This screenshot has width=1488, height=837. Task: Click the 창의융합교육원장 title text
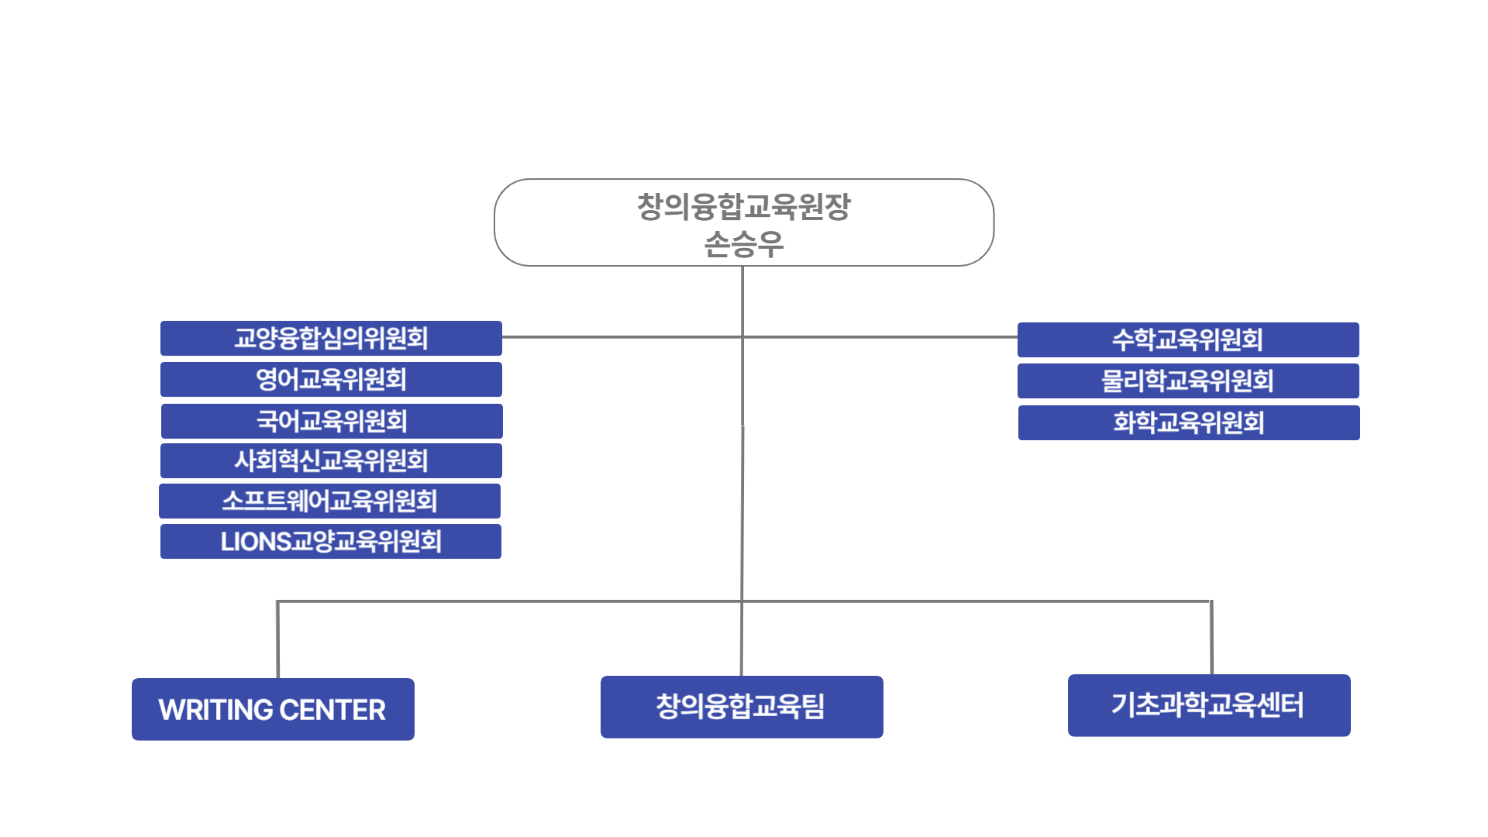coord(743,207)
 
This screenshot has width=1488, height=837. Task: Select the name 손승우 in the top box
coord(743,245)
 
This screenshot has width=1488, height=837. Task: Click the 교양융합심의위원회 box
coord(331,339)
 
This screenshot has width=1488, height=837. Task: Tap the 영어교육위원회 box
coord(331,380)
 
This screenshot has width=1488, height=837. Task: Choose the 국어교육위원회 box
coord(332,422)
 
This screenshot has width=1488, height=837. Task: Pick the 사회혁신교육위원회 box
coord(331,461)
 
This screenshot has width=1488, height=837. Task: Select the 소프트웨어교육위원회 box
coord(329,501)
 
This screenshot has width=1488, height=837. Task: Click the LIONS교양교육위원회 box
coord(331,542)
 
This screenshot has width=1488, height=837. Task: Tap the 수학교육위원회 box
coord(1188,340)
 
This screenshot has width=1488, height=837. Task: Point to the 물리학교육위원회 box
coord(1188,381)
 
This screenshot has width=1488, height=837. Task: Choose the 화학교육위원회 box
coord(1189,423)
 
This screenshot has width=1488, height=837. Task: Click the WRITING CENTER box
coord(273,709)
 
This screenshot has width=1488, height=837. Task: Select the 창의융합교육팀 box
coord(742,707)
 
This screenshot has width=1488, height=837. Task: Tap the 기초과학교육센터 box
coord(1209,705)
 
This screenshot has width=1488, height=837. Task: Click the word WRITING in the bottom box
coord(215,710)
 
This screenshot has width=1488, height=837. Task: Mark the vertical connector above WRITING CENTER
coord(277,639)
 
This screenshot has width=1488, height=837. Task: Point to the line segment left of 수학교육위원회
coord(880,337)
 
